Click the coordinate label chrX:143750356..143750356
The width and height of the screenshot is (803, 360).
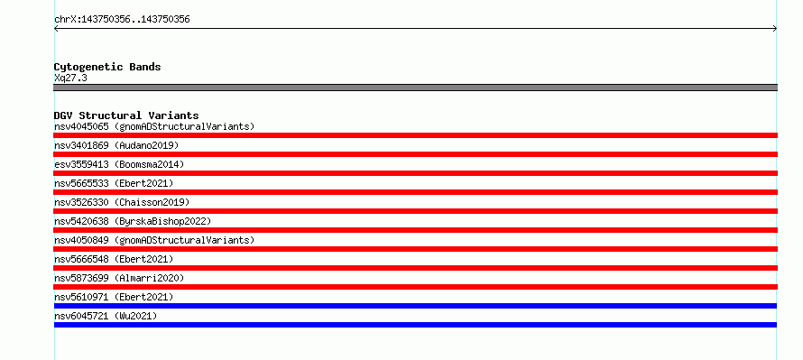tap(122, 20)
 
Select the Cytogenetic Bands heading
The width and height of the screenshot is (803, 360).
tap(107, 67)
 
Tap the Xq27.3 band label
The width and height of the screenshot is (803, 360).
tap(70, 78)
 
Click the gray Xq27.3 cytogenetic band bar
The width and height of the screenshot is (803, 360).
tap(415, 88)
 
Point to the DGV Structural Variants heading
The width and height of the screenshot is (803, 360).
tap(126, 115)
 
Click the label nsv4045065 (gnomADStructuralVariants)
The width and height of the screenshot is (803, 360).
tap(154, 126)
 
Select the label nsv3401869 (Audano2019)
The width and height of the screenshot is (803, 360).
tap(116, 145)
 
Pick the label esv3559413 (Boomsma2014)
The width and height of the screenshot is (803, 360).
tap(119, 164)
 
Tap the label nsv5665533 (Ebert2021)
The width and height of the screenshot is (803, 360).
tap(114, 183)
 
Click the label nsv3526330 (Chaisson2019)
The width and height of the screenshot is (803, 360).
tap(122, 202)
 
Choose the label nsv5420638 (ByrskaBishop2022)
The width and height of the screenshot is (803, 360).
tap(133, 221)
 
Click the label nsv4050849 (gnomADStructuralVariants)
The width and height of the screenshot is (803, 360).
tap(154, 240)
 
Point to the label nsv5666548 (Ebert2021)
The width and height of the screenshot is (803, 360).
tap(114, 259)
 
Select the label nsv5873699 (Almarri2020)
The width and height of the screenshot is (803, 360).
tap(119, 278)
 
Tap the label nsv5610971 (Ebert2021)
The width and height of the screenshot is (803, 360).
tap(114, 297)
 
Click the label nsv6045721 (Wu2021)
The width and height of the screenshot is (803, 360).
tap(106, 316)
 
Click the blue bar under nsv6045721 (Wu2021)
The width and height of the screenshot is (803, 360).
tap(415, 325)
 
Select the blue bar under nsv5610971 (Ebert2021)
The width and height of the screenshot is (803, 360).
tap(415, 306)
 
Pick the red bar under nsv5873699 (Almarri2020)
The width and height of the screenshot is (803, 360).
tap(415, 287)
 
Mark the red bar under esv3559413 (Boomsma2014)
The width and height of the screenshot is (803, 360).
tap(415, 173)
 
